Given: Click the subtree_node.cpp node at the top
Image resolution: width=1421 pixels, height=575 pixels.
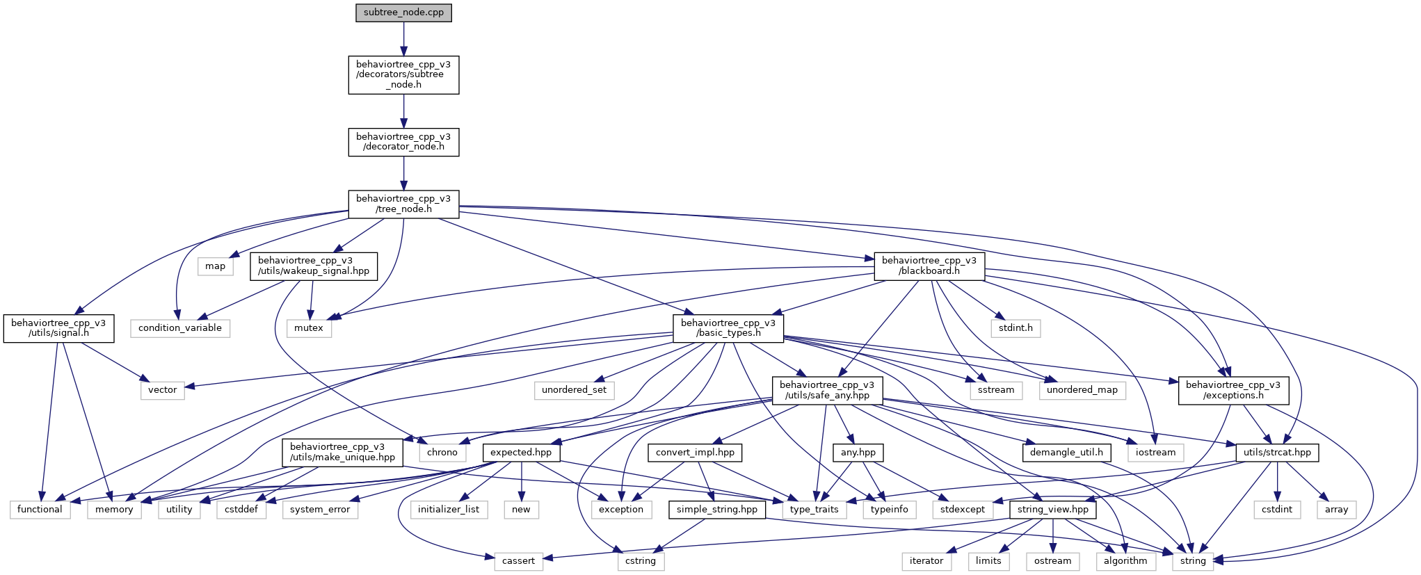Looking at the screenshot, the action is point(403,13).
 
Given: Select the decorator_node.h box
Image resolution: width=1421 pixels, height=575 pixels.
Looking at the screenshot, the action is point(403,142).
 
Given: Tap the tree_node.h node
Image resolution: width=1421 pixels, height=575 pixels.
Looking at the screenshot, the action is point(403,204).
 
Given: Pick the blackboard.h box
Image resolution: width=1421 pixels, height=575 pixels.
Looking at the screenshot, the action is point(929,266).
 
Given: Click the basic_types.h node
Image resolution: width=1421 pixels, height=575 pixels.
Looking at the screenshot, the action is point(728,328).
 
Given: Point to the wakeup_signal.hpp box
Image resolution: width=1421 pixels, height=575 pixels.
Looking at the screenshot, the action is point(314,266).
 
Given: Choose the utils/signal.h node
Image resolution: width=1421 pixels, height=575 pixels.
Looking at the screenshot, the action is point(58,328).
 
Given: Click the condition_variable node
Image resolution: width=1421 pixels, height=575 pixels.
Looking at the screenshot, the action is point(180,328).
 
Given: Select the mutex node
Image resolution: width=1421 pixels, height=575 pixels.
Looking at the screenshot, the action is point(309,328).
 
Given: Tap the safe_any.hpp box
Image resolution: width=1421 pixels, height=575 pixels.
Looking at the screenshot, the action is point(827,390).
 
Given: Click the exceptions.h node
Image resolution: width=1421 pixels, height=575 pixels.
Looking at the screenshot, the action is point(1233,390).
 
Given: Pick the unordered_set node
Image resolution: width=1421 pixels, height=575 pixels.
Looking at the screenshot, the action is point(574,390).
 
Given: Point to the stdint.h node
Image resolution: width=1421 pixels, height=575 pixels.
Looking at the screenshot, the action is point(1015,328).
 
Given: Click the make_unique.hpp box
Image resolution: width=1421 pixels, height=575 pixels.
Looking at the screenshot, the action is point(343,452).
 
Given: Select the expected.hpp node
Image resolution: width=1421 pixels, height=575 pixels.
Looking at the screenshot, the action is point(521,453).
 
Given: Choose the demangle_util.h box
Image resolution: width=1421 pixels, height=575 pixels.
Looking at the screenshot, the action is point(1066,453).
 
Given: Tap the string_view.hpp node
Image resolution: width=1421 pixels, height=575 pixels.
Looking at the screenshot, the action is point(1053,510).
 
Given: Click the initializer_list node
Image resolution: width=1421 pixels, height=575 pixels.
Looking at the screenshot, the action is point(449,510).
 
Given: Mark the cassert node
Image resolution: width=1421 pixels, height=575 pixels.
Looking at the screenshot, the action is point(518,561).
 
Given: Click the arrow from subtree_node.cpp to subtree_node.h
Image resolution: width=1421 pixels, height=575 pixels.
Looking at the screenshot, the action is point(403,39).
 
